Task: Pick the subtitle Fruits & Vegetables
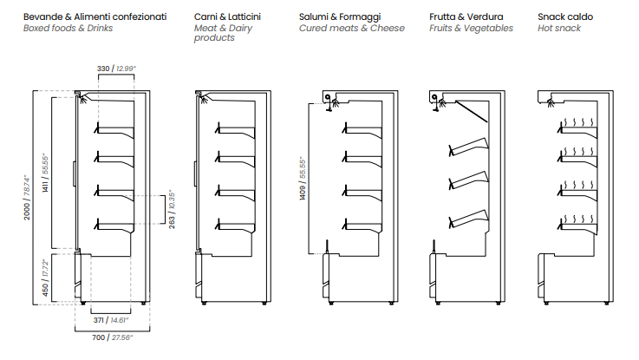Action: tap(471, 28)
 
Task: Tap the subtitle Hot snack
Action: tap(559, 28)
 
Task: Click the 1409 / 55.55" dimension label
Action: tap(303, 178)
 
